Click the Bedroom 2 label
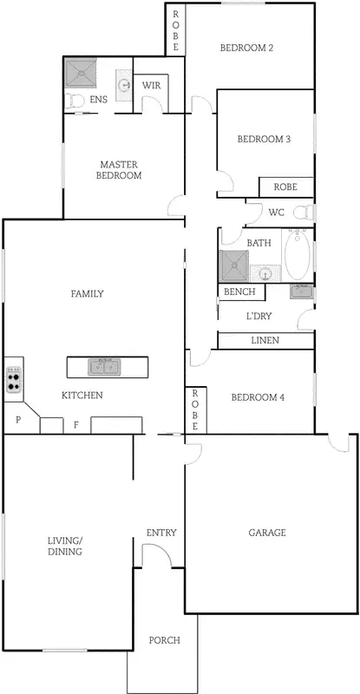(246, 48)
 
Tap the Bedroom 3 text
(263, 139)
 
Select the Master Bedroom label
(121, 170)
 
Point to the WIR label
(151, 85)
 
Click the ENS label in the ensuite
(99, 101)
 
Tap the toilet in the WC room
(302, 213)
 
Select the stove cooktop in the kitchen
(14, 380)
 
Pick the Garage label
(267, 533)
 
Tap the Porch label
(164, 641)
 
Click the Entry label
(161, 533)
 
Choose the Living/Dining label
(65, 546)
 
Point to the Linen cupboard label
(265, 341)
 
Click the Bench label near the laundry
(239, 292)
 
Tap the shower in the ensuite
(85, 75)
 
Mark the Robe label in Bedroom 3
(285, 187)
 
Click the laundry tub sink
(301, 291)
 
